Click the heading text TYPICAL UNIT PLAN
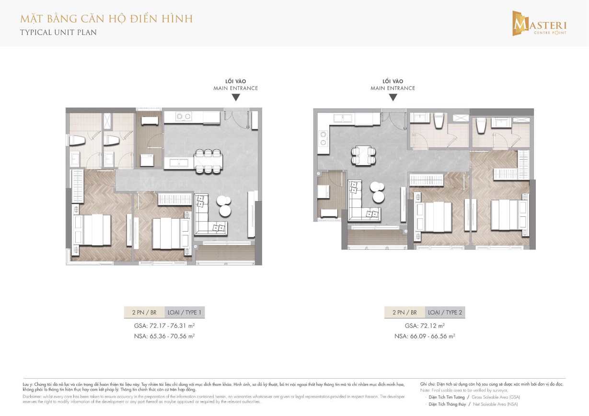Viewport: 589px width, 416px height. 58,33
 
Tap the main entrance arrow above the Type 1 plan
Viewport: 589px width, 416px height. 235,98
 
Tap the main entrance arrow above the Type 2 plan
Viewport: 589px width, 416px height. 393,98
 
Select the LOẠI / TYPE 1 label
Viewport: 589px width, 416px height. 185,313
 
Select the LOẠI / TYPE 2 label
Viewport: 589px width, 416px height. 445,313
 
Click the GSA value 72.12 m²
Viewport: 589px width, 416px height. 424,326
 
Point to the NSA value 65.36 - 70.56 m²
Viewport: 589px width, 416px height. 164,336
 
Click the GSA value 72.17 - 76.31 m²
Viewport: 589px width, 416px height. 164,326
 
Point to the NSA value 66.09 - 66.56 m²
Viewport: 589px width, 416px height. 424,336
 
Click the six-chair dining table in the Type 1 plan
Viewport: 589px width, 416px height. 208,161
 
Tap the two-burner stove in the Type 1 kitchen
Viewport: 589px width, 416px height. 183,116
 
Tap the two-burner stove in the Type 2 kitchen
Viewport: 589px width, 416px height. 323,138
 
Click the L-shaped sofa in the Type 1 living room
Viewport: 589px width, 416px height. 208,218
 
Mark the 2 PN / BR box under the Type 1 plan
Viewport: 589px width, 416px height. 144,313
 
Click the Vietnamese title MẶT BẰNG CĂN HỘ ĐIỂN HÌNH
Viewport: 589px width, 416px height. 106,19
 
